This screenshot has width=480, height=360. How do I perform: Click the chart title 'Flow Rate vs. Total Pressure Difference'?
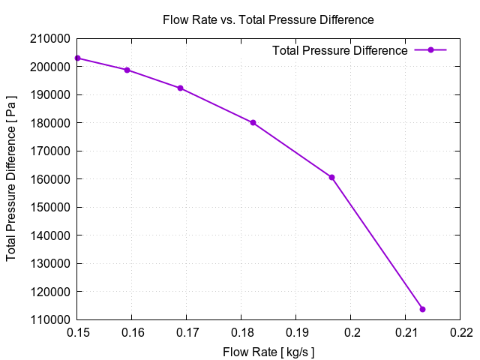tap(268, 20)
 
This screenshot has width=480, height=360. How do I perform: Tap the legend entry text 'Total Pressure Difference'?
tap(340, 50)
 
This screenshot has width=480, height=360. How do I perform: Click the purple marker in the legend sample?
tap(430, 50)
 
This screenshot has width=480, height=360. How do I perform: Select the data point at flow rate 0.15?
tap(77, 58)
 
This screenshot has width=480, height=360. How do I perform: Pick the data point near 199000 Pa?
tap(127, 70)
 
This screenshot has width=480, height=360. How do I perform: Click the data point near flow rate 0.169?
tap(181, 88)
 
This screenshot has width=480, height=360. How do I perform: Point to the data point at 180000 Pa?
tap(253, 123)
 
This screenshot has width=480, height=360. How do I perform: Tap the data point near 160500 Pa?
tap(331, 178)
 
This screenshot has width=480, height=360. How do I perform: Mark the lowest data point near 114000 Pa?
tap(422, 309)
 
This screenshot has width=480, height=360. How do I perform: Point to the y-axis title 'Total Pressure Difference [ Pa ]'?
tap(12, 179)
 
